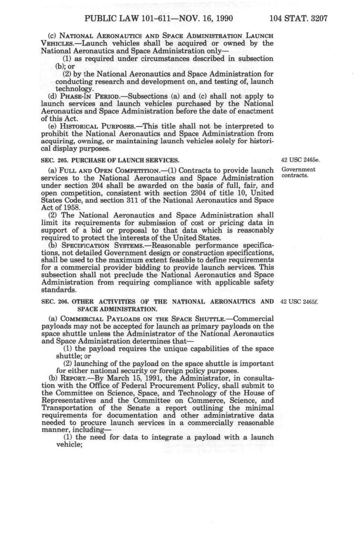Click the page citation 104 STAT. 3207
[298, 18]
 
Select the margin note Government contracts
[298, 172]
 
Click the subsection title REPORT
[73, 378]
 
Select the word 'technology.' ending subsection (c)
[75, 89]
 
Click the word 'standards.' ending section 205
[58, 290]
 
